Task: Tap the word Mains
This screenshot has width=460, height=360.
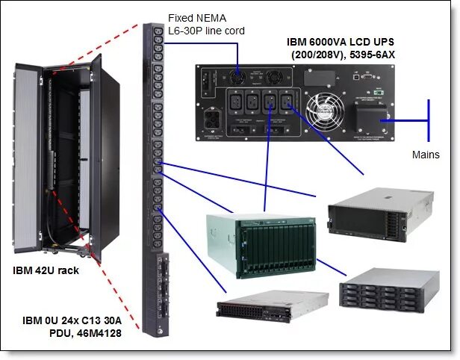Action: tap(426, 155)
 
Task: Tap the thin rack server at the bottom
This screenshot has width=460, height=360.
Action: tap(273, 314)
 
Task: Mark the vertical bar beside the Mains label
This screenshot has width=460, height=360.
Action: tap(428, 119)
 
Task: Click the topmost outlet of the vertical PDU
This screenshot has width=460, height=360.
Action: tap(158, 31)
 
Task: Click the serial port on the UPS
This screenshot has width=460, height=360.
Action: tap(365, 75)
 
